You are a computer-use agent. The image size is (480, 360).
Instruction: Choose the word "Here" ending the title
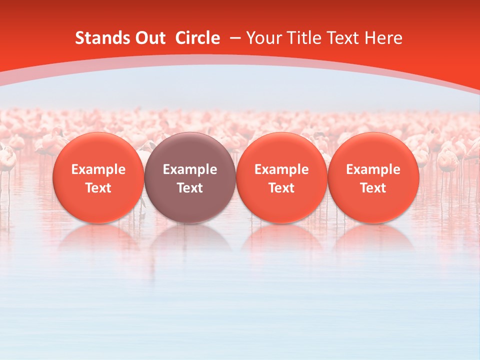click(383, 38)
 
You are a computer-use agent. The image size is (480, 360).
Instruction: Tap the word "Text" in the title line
click(343, 38)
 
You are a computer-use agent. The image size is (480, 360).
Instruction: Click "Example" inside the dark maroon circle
click(190, 169)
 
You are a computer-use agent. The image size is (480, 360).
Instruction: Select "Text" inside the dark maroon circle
click(190, 188)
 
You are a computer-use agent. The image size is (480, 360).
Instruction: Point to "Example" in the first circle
click(98, 169)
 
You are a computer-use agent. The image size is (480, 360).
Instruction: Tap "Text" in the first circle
click(98, 188)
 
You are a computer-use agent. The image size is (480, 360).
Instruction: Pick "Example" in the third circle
click(281, 169)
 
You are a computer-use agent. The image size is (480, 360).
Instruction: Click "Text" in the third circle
click(281, 188)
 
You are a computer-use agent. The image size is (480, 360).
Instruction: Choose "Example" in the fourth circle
click(373, 169)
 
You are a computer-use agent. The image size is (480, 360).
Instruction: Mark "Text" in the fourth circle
click(373, 188)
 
